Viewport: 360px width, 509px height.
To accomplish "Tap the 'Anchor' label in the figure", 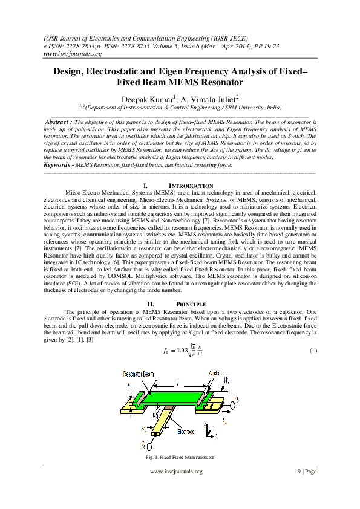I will pos(217,373).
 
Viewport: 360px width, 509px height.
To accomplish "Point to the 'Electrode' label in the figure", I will pos(186,432).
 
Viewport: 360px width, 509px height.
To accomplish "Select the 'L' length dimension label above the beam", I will pos(177,383).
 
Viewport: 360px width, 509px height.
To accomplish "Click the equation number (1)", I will pos(313,351).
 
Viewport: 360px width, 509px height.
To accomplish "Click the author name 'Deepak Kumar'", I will pos(147,98).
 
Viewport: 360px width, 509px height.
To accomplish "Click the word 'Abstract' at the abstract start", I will pos(59,122).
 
